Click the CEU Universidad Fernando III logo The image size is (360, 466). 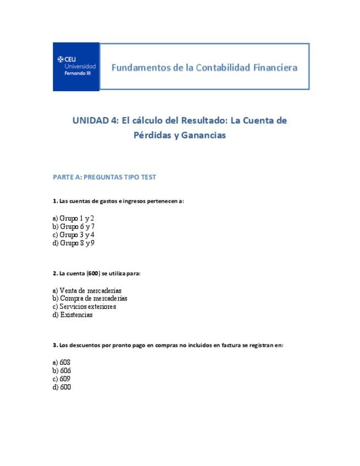[76, 66]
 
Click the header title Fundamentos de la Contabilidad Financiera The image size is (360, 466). [204, 68]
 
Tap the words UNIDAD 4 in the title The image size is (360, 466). [94, 120]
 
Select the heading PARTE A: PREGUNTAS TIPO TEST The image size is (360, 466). [104, 177]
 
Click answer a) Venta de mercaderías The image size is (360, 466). [87, 290]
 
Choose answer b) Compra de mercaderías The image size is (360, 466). [90, 298]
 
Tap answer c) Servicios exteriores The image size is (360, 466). [84, 307]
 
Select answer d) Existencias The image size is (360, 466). [73, 315]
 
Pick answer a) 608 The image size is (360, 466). [62, 363]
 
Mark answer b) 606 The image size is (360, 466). [62, 371]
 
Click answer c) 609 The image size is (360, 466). [62, 379]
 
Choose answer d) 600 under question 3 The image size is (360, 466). [62, 387]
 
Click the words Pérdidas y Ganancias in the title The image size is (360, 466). [180, 136]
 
